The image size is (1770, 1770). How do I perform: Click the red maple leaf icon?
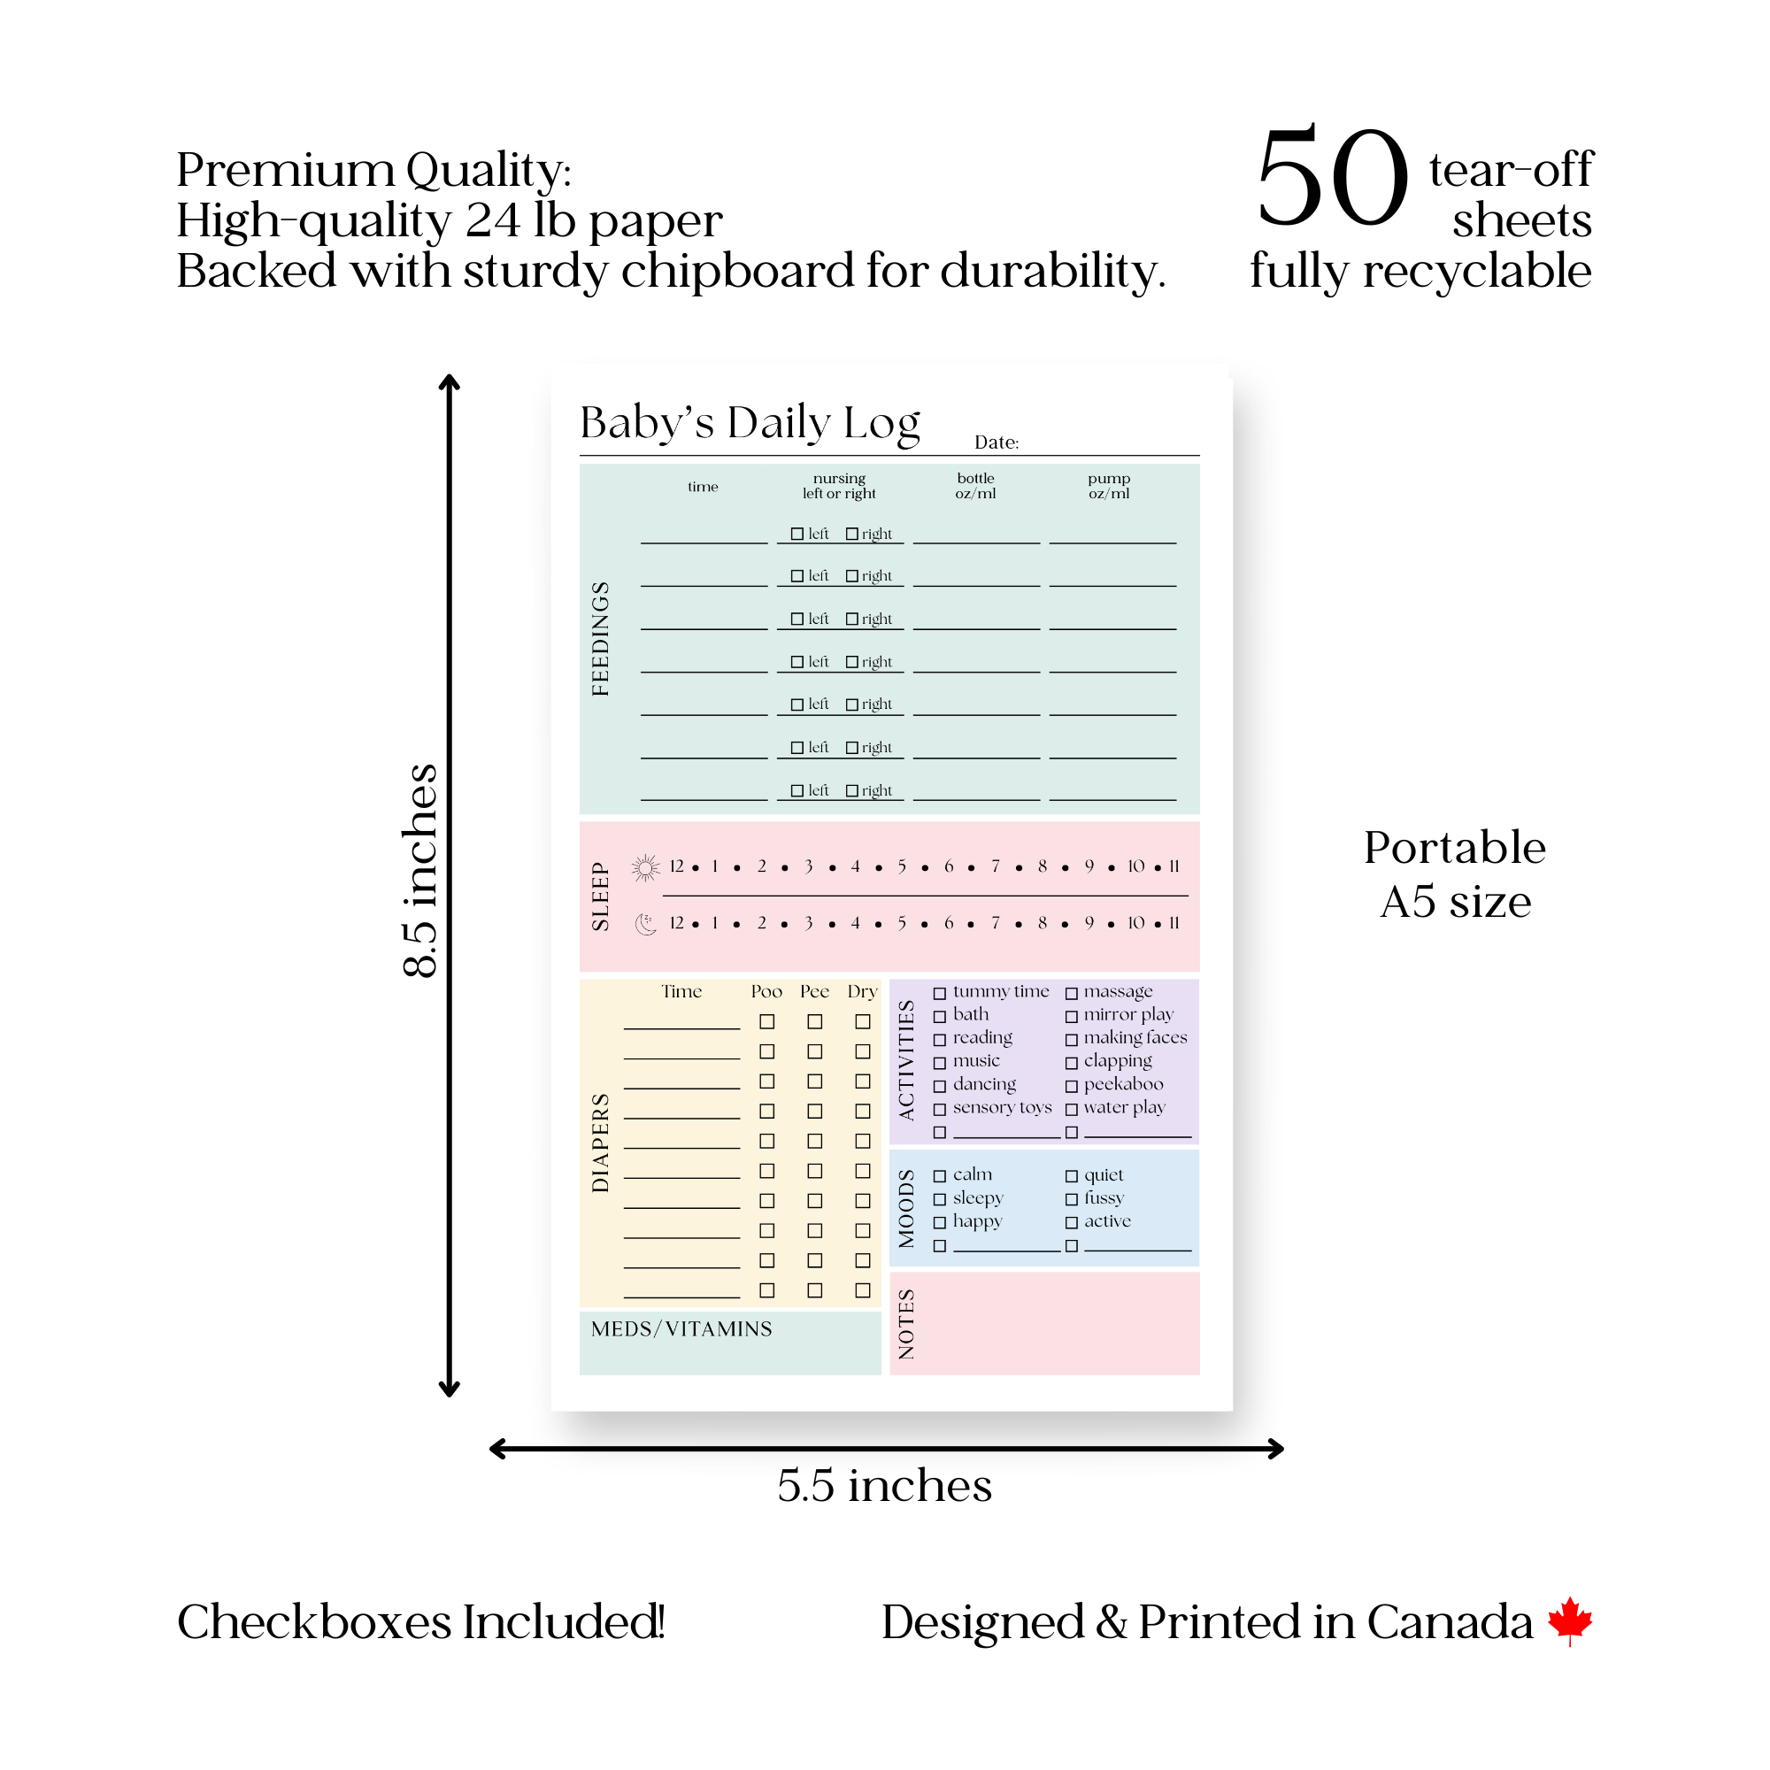pos(1570,1620)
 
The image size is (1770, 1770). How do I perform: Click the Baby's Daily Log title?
pos(750,423)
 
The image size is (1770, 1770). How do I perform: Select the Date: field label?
pos(997,442)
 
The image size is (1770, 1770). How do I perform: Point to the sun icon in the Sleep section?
pos(646,867)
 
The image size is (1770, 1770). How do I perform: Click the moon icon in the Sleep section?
pos(646,925)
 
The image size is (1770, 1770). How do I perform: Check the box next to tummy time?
pos(940,993)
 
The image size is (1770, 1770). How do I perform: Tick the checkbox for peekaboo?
pos(1072,1087)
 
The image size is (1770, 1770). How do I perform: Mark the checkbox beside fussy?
pos(1072,1199)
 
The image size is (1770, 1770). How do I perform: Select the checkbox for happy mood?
pos(940,1223)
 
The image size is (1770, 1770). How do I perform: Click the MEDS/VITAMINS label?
pos(681,1329)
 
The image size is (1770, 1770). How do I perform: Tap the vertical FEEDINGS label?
pos(600,639)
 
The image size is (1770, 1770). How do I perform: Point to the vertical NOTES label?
pos(907,1324)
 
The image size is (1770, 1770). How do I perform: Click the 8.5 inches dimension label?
pos(420,870)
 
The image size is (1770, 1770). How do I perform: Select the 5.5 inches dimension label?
pos(885,1485)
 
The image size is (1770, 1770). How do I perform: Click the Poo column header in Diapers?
pos(766,991)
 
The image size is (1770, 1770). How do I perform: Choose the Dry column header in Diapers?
pos(862,992)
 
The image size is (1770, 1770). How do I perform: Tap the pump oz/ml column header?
pos(1110,486)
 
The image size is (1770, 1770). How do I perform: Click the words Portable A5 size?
pos(1455,874)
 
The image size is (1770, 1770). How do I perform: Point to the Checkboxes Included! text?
pos(420,1621)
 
